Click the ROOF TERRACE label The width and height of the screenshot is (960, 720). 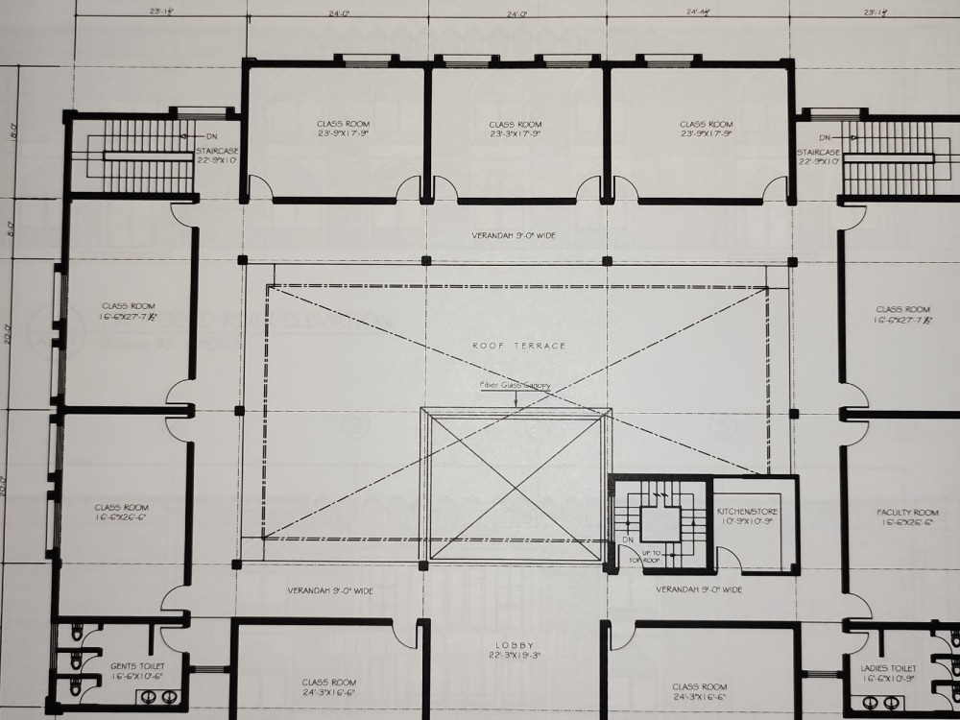click(519, 345)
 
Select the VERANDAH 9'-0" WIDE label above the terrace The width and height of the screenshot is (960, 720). click(514, 235)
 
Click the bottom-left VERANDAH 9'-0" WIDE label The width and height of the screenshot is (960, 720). click(330, 590)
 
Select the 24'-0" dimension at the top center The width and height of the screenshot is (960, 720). click(516, 14)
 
